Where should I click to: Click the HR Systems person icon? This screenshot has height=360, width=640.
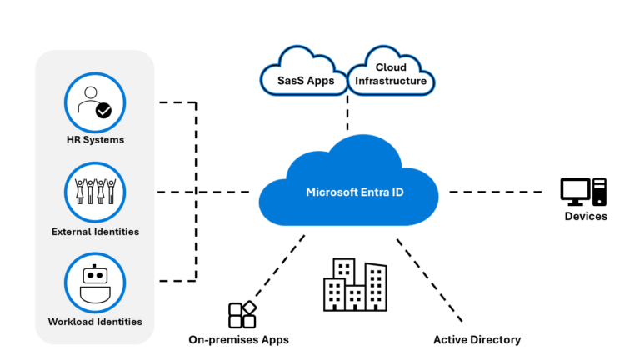tap(94, 102)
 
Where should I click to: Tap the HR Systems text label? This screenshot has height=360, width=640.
tap(95, 140)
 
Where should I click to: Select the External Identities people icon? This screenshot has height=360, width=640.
tap(94, 192)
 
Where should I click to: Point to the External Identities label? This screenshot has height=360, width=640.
tap(95, 231)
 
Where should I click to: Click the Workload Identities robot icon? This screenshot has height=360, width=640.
tap(94, 282)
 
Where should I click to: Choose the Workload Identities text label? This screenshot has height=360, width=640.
tap(95, 322)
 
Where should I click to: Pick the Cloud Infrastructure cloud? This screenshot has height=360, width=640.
tap(391, 74)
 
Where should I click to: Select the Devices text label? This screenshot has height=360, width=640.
tap(585, 217)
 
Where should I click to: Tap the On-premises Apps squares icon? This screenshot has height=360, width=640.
tap(242, 314)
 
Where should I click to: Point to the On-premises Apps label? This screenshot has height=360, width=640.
tap(238, 339)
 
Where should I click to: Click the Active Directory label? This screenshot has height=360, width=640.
tap(477, 339)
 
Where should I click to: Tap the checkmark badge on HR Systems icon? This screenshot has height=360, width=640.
tap(104, 109)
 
